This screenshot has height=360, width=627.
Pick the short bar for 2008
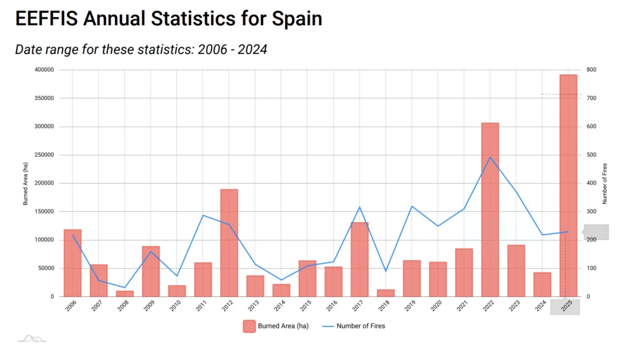point(125,294)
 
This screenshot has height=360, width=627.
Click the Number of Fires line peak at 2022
point(490,157)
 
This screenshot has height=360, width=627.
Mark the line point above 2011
point(203,215)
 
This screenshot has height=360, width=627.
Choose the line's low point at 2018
point(386,271)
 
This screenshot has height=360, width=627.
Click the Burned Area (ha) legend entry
point(276,326)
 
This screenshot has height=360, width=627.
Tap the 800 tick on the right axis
point(591,70)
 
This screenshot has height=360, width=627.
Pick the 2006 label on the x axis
point(70,307)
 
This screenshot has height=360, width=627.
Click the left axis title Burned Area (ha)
point(26,183)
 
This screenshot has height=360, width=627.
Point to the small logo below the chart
point(31,338)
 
